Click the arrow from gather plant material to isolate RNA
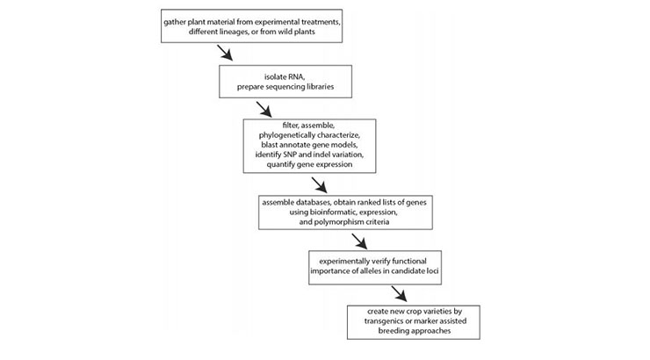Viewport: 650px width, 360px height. point(225,53)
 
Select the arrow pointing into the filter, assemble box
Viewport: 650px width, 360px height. point(264,110)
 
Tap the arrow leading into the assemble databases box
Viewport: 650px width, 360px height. point(319,185)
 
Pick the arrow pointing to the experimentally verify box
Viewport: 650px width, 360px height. point(359,241)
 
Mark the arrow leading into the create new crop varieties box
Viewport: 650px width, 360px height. point(399,294)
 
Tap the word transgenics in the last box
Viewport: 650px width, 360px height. point(384,321)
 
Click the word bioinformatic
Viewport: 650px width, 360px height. point(333,212)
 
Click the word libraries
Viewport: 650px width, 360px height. point(320,87)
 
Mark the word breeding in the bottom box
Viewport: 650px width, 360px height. point(394,331)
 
